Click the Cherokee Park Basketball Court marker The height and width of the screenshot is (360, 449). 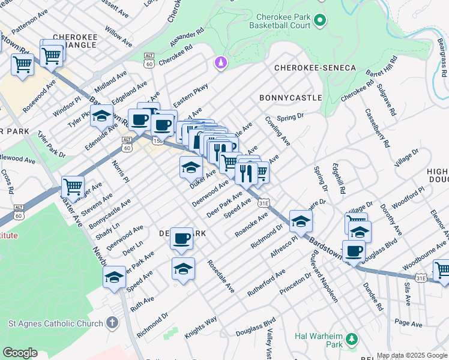point(320,20)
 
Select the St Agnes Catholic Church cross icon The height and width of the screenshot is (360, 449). point(112,323)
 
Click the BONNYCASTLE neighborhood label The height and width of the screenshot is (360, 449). point(291,97)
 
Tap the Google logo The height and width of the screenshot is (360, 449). point(20,353)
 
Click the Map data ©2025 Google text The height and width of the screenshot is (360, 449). point(411,355)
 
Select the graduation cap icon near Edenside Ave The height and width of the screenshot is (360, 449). point(101,115)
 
